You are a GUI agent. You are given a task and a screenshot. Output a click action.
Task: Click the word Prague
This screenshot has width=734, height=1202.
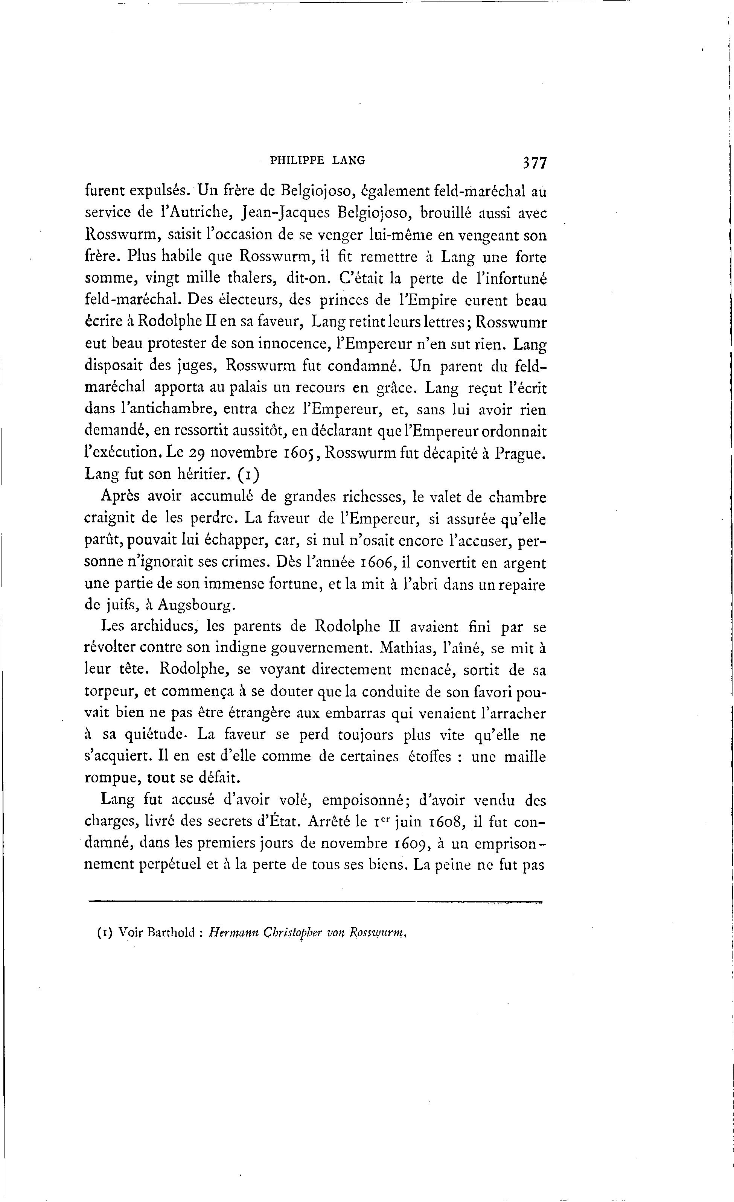[519, 453]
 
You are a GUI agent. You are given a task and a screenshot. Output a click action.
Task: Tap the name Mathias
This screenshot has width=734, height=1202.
[408, 649]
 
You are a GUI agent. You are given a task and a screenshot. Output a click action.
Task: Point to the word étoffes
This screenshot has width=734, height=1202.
[429, 757]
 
